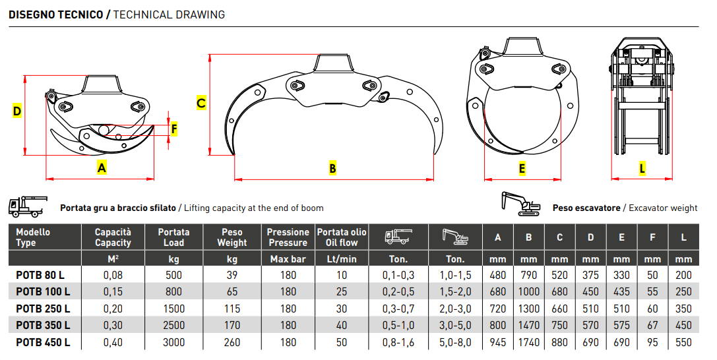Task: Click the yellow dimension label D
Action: [x=17, y=111]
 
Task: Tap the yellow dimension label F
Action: [x=174, y=129]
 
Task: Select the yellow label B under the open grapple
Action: [x=332, y=169]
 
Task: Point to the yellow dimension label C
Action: [x=201, y=104]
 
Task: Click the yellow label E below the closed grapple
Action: [x=522, y=169]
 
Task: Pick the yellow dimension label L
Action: [x=642, y=169]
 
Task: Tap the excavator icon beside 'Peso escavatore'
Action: [x=520, y=204]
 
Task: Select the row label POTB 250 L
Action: [x=43, y=309]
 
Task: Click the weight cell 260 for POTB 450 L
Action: [x=232, y=342]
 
